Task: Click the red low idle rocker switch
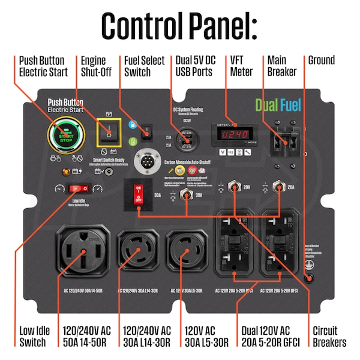pos(77,188)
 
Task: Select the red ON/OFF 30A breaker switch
pos(139,197)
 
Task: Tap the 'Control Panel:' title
pos(179,25)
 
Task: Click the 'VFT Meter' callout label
pos(242,66)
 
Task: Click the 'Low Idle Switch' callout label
pos(32,337)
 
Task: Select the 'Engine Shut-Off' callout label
pos(95,66)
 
